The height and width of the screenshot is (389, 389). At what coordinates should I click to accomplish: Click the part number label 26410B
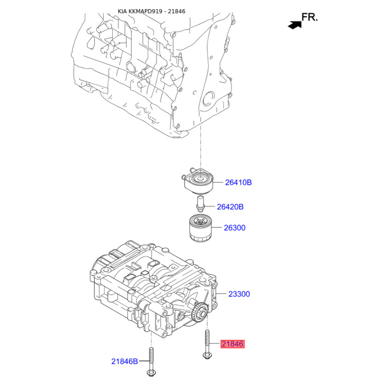[x=238, y=183]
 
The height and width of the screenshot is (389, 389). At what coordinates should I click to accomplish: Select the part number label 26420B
[x=230, y=207]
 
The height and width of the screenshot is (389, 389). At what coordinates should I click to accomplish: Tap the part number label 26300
[x=235, y=228]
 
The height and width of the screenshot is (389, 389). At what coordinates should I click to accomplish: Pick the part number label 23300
[x=239, y=294]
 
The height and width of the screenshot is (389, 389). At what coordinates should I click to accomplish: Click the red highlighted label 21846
[x=232, y=344]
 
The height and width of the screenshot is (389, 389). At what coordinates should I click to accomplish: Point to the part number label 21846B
[x=124, y=361]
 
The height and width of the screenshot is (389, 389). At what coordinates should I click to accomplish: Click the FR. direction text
[x=309, y=17]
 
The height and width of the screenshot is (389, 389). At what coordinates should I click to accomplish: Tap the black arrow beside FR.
[x=295, y=25]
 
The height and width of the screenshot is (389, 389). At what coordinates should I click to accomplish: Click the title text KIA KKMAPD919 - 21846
[x=151, y=11]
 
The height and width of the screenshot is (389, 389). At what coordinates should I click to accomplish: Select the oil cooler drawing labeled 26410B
[x=198, y=180]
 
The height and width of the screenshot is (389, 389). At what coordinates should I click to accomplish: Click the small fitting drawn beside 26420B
[x=200, y=204]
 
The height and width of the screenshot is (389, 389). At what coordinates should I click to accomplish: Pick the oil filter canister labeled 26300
[x=200, y=228]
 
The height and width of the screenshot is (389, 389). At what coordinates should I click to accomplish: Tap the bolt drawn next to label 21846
[x=207, y=344]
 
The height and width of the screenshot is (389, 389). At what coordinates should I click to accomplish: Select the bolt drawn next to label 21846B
[x=151, y=362]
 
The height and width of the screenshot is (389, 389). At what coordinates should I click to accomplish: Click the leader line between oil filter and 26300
[x=216, y=227]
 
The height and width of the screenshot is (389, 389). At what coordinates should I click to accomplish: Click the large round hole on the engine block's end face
[x=209, y=99]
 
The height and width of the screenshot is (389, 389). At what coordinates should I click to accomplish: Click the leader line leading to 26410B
[x=218, y=183]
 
